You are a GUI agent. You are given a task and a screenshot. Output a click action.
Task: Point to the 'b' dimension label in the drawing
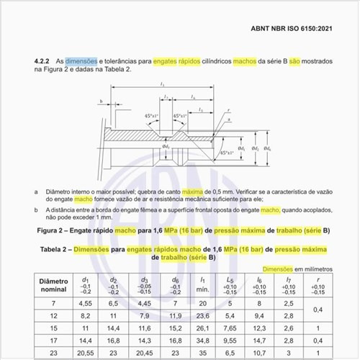tap(102, 102)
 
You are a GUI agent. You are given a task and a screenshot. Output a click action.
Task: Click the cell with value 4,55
tap(86, 303)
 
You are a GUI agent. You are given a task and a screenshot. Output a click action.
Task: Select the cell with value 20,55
tap(86, 354)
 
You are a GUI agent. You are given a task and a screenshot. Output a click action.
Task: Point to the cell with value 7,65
tap(230, 328)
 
